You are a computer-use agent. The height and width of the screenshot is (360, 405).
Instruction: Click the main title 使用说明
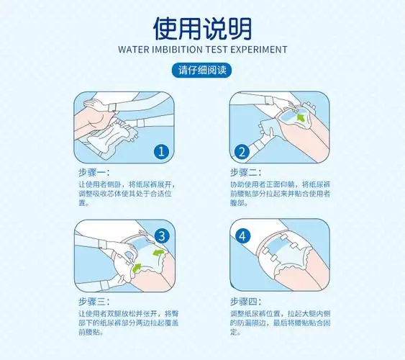[x=202, y=27]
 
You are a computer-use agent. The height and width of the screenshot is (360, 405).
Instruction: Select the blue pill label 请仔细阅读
[x=202, y=71]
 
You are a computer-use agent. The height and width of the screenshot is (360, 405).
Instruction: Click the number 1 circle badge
[x=162, y=151]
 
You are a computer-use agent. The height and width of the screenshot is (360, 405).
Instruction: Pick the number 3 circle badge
[x=162, y=235]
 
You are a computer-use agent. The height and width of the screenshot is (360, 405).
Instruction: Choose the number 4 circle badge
[x=242, y=235]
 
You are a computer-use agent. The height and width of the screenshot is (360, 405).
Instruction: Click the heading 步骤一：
[x=94, y=172]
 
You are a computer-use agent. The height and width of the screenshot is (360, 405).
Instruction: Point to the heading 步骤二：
[x=246, y=172]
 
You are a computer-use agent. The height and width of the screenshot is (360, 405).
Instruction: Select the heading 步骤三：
[x=94, y=302]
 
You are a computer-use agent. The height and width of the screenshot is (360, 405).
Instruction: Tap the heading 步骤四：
[x=246, y=302]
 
